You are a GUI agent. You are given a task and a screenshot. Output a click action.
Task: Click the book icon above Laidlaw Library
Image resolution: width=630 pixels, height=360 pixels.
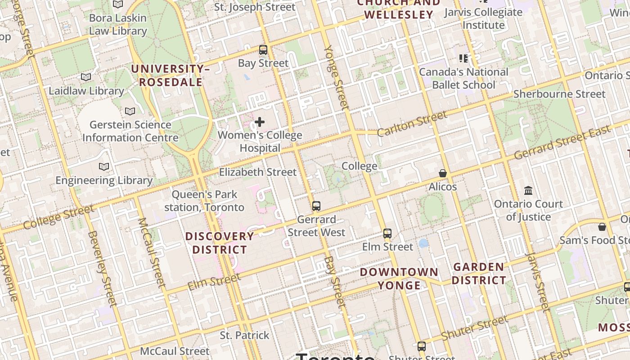point(86,77)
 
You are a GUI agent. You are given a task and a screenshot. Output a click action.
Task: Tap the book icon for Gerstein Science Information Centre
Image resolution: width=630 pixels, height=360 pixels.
point(130,111)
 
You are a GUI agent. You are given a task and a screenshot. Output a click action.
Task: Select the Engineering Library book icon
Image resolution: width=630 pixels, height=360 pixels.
point(104,167)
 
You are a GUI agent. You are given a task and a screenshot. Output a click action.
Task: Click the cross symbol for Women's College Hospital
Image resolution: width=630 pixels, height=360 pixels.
point(260,122)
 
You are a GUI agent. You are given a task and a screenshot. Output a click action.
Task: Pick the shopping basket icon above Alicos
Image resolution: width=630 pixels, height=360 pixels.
point(443,173)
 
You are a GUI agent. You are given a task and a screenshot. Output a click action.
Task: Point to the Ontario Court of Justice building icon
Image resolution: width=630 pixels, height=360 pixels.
point(528,191)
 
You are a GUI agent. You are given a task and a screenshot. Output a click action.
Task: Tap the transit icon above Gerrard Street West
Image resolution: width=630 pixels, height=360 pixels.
point(316,206)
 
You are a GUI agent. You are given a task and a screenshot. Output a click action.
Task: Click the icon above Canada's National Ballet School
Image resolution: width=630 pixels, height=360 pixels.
point(463,58)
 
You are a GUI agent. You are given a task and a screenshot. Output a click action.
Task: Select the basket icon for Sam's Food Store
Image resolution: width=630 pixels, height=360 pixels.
point(602,227)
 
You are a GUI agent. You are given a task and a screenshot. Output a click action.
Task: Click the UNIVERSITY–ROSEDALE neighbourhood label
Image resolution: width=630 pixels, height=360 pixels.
point(170,76)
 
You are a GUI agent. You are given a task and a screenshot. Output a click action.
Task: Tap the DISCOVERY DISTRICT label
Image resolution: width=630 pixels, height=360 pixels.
point(220,243)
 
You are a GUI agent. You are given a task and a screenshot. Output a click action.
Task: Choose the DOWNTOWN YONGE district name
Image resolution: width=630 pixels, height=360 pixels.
point(399,279)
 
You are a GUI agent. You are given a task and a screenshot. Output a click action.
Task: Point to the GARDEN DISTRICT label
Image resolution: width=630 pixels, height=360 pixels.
point(479,274)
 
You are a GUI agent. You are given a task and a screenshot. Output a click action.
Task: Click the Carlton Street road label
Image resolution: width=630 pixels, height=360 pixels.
point(412,123)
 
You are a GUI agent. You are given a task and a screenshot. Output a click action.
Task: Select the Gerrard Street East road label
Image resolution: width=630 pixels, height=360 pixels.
point(562,143)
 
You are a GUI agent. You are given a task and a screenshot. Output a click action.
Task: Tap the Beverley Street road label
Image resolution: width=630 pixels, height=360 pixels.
point(102,268)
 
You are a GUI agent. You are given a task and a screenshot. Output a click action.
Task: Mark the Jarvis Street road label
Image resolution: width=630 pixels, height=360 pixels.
point(538,282)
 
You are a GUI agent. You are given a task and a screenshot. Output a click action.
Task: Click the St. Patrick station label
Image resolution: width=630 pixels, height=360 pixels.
point(244,335)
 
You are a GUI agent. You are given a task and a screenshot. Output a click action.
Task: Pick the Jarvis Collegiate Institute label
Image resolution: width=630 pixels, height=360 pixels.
point(483,18)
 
